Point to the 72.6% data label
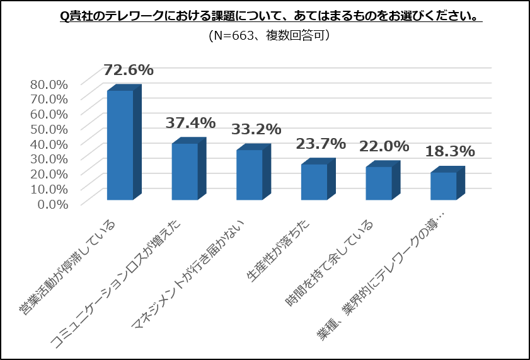(x=129, y=70)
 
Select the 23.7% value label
(x=320, y=144)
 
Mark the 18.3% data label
(x=449, y=151)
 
